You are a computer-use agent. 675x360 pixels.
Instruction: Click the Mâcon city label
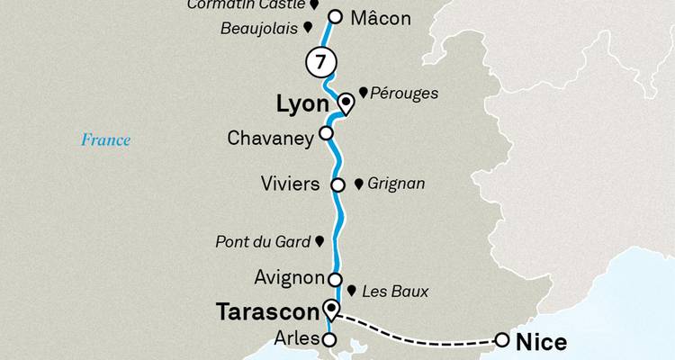(x=381, y=18)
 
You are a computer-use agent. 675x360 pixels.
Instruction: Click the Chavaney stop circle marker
(x=326, y=139)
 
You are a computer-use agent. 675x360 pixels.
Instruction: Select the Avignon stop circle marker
(x=336, y=278)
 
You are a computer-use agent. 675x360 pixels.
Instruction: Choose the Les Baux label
(x=394, y=292)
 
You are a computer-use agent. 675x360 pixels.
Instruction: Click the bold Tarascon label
(x=268, y=312)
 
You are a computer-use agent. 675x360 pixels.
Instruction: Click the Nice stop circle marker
(x=501, y=340)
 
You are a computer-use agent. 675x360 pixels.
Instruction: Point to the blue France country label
(x=105, y=139)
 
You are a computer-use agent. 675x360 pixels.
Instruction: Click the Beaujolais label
(x=258, y=29)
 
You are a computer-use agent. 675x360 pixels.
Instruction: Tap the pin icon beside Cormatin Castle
(x=314, y=5)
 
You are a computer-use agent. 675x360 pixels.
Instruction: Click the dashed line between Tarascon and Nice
(x=423, y=335)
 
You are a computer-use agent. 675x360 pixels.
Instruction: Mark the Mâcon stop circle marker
(x=335, y=16)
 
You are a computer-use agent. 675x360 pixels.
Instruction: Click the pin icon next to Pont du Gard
(x=319, y=241)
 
